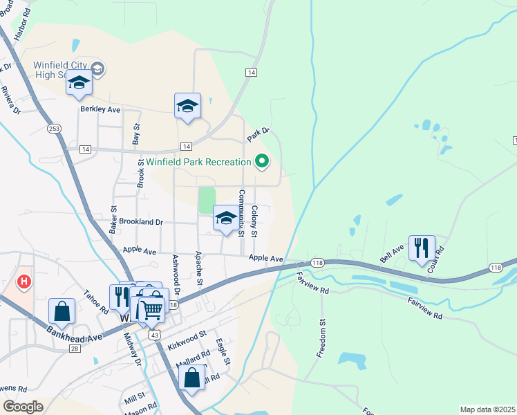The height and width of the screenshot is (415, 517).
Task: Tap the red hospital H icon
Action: [x=24, y=282]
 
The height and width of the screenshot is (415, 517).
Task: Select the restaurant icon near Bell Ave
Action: [x=422, y=248]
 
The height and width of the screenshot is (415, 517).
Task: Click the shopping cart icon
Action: [x=152, y=308]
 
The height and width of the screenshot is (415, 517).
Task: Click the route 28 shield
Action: [x=73, y=349]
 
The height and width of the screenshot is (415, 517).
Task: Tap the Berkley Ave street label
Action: [x=100, y=110]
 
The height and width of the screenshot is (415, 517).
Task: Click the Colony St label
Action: [x=254, y=221]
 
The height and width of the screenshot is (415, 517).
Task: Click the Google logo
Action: [x=23, y=407]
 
